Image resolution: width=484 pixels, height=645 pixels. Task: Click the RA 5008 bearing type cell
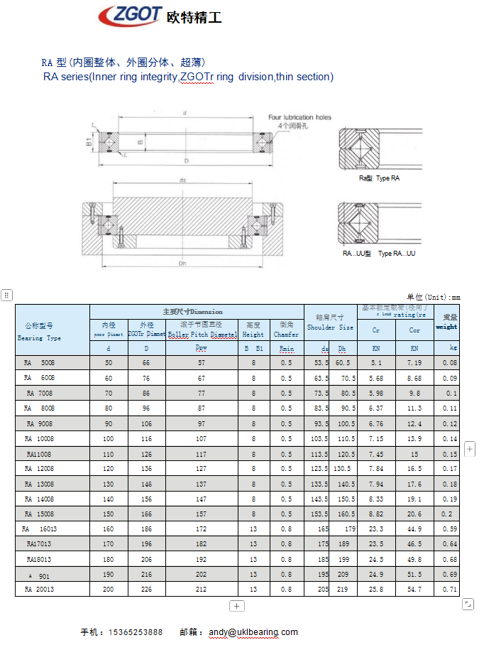pyautogui.click(x=40, y=363)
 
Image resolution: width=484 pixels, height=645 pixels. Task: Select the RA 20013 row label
pyautogui.click(x=40, y=590)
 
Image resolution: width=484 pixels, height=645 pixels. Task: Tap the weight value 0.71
pyautogui.click(x=449, y=590)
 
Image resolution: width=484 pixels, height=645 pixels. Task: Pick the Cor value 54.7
pyautogui.click(x=414, y=590)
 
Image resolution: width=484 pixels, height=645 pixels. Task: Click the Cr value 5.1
pyautogui.click(x=376, y=363)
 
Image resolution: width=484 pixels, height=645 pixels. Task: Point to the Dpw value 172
pyautogui.click(x=202, y=529)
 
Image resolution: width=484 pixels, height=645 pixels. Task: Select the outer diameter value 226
pyautogui.click(x=147, y=590)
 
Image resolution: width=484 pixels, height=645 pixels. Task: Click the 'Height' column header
pyautogui.click(x=253, y=334)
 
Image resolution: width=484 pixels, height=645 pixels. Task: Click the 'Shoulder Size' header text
pyautogui.click(x=330, y=327)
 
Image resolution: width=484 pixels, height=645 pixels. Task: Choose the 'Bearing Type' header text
pyautogui.click(x=40, y=338)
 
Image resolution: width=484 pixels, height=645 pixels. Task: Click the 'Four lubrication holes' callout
pyautogui.click(x=299, y=117)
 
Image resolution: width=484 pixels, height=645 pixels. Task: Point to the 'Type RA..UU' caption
pyautogui.click(x=397, y=254)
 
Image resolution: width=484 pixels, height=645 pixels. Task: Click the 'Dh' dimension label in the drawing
pyautogui.click(x=182, y=264)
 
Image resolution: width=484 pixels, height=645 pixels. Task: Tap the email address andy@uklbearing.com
pyautogui.click(x=253, y=632)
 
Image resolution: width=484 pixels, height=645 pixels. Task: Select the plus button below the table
pyautogui.click(x=237, y=606)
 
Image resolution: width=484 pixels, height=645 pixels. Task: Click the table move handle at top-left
pyautogui.click(x=6, y=295)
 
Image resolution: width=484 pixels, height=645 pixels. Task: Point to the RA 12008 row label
pyautogui.click(x=40, y=469)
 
